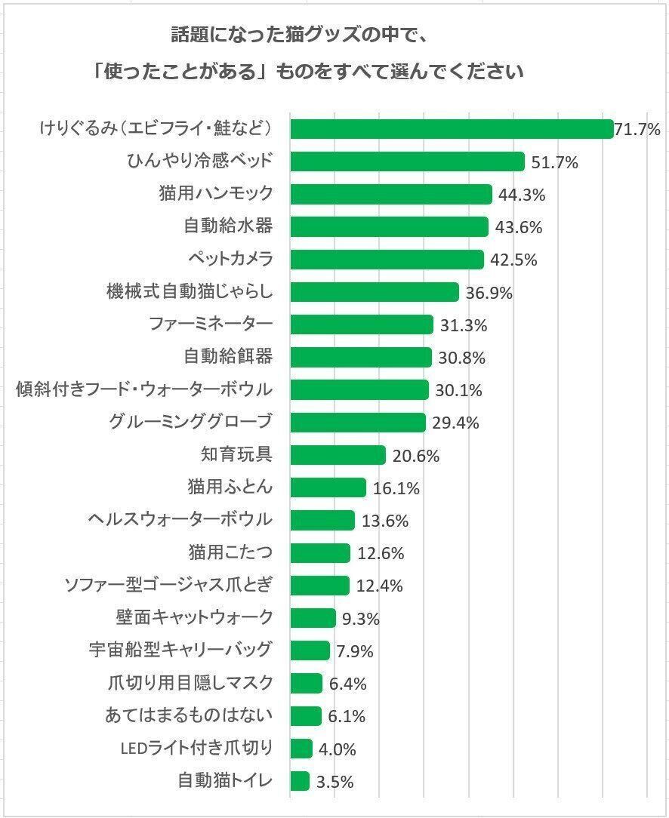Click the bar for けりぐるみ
point(451,129)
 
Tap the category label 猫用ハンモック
point(215,194)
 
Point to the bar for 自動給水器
point(389,227)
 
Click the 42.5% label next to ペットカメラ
point(513,260)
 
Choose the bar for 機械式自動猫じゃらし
point(375,292)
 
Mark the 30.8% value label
point(461,358)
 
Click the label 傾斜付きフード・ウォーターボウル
point(143,389)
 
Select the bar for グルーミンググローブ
point(358,423)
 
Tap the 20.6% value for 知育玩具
point(415,456)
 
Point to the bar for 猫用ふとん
point(328,487)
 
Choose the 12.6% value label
point(380,553)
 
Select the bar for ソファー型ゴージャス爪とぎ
point(319,586)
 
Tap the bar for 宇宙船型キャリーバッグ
point(310,650)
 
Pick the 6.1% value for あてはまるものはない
point(347,716)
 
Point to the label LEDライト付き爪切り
point(196,749)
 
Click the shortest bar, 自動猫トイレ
point(300,781)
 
